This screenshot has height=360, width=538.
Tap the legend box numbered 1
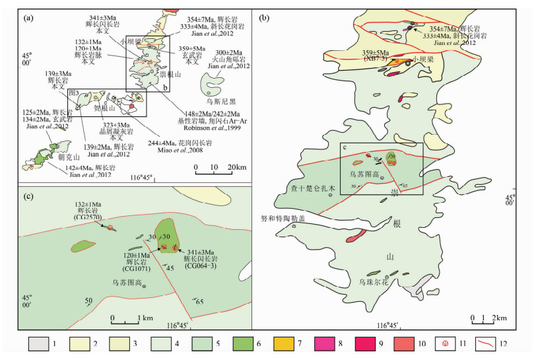[x=38, y=344]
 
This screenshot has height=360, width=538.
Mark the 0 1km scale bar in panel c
[x=126, y=319]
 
